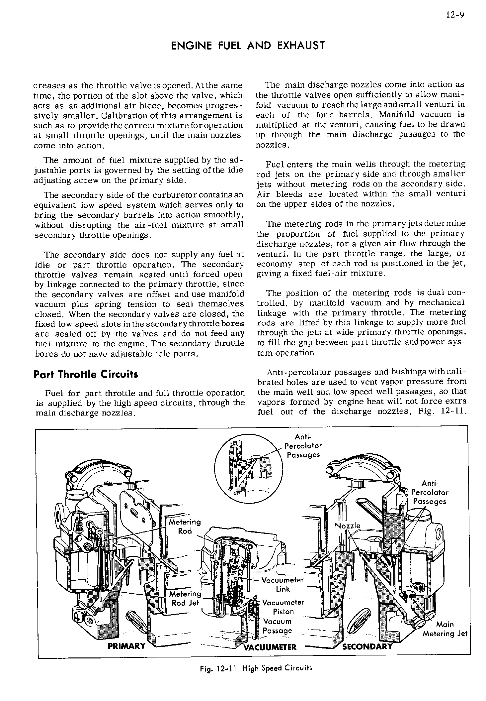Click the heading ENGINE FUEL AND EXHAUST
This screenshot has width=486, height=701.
tap(248, 46)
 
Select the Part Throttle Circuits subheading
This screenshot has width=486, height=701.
tap(86, 374)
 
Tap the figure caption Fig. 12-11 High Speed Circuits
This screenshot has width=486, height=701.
tap(254, 668)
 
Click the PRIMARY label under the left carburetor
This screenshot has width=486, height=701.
tap(127, 646)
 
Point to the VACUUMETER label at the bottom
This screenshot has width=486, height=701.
tap(270, 647)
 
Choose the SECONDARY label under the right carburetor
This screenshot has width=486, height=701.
tap(367, 646)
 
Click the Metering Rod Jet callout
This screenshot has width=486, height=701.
tap(185, 598)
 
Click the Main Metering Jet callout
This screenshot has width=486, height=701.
tap(445, 629)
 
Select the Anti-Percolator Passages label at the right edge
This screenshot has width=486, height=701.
tap(430, 492)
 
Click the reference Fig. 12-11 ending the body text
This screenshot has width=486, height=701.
tap(438, 411)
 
